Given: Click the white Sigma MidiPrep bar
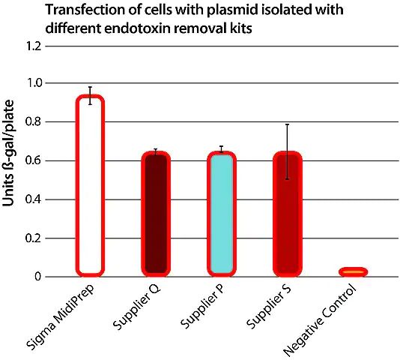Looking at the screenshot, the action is click(91, 186).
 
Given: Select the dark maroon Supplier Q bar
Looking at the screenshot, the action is click(156, 214).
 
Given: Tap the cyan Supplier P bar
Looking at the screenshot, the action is click(222, 214).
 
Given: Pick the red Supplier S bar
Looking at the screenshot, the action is click(288, 214).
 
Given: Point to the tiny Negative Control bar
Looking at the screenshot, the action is click(353, 271).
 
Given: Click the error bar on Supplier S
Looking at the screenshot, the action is click(287, 151).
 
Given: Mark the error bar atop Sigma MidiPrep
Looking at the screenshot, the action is click(91, 95).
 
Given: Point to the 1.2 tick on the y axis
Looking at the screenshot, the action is click(34, 46).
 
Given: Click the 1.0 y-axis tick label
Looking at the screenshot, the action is click(34, 83).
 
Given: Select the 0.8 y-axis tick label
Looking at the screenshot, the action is click(34, 121).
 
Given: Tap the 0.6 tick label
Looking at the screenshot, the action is click(34, 160).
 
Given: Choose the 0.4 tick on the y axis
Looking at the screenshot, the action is click(34, 199).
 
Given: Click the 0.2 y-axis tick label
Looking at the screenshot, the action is click(34, 238).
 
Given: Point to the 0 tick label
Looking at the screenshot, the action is click(37, 277).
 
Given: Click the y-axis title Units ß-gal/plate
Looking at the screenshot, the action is click(8, 153).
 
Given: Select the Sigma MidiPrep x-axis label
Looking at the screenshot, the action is click(61, 316).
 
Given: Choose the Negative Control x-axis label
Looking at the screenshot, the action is click(320, 320).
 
